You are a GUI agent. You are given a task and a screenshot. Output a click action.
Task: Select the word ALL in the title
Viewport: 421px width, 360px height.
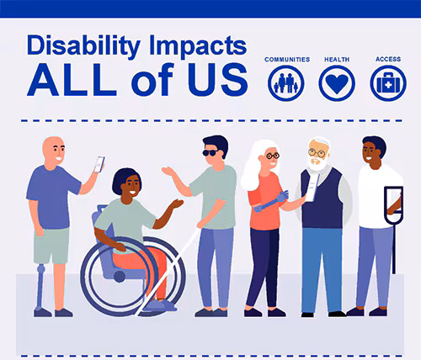[x=71, y=80]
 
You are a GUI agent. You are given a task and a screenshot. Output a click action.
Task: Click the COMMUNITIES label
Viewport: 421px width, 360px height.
[x=287, y=60]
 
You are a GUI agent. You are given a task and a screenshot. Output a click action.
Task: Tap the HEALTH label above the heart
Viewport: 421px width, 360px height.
[x=337, y=60]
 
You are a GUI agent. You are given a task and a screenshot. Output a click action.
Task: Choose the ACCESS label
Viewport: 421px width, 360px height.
[x=387, y=60]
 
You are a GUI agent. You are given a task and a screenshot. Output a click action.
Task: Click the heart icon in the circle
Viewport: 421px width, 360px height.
[x=337, y=83]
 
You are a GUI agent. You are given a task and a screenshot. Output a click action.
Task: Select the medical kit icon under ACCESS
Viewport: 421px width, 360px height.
[x=387, y=83]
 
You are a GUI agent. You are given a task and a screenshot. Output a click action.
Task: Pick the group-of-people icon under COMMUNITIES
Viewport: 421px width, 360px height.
[x=286, y=83]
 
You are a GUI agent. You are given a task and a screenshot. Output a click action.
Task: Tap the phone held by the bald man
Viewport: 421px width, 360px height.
[x=99, y=164]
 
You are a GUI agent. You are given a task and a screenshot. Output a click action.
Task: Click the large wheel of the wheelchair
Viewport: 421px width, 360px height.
[x=133, y=278]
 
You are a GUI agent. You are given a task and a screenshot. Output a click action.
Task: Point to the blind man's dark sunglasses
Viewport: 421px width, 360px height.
[x=210, y=152]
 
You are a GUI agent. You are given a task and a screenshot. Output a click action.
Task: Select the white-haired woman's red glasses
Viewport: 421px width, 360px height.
[x=271, y=156]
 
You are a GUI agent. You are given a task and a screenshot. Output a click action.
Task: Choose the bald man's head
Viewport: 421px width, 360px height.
[x=54, y=151]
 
